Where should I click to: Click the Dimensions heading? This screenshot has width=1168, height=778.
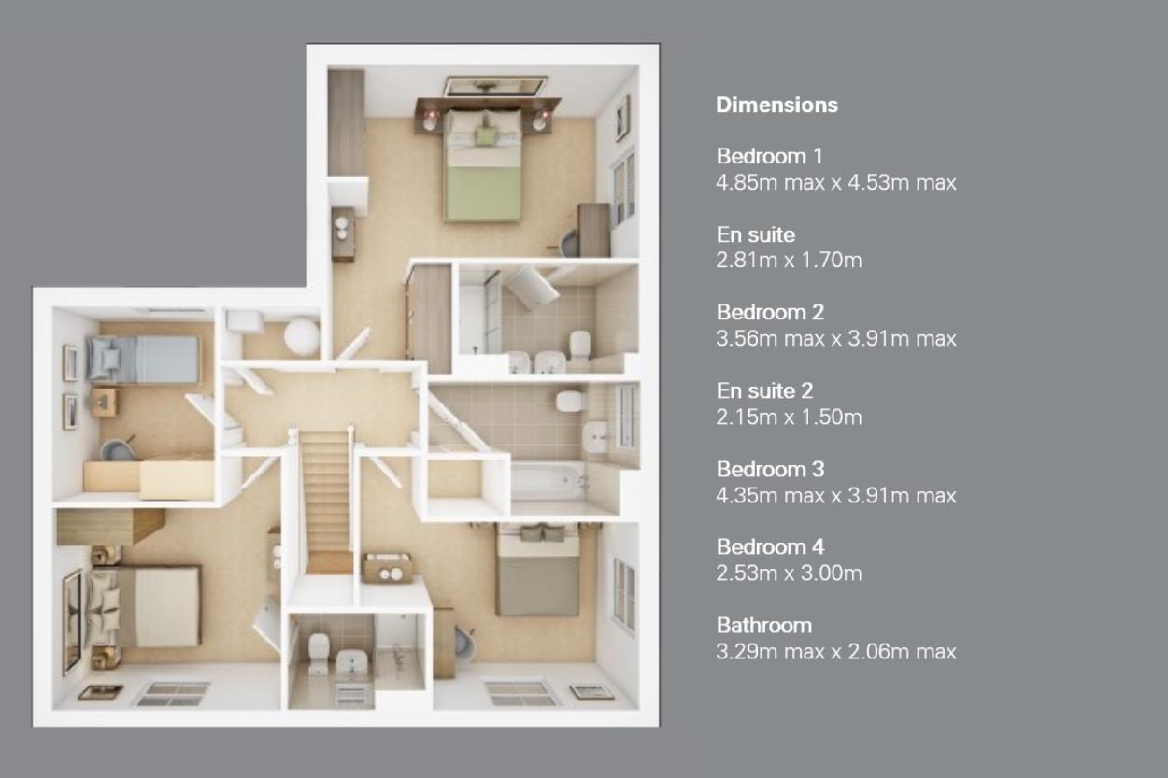pos(776,106)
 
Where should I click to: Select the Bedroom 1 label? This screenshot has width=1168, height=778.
pos(769,156)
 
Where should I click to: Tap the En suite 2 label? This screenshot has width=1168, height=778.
pos(764,390)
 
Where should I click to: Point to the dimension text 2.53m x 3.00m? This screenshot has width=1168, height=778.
pos(789,573)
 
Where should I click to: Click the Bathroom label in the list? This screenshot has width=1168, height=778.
pos(764,626)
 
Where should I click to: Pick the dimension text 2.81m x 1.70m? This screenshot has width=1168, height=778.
pos(789,260)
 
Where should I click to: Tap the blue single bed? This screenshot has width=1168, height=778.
pos(143,359)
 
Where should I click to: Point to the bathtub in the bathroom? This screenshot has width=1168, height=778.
pos(549,482)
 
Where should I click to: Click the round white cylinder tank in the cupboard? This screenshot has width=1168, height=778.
pos(302,334)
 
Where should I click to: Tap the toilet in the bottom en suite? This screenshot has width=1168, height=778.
pos(318,654)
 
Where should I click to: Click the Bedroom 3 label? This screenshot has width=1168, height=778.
pos(770,469)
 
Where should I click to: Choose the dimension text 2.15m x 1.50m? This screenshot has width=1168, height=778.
pos(789,417)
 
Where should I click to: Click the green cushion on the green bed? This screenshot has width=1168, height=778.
pos(486,135)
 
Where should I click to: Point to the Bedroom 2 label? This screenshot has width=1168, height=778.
pos(770,313)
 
